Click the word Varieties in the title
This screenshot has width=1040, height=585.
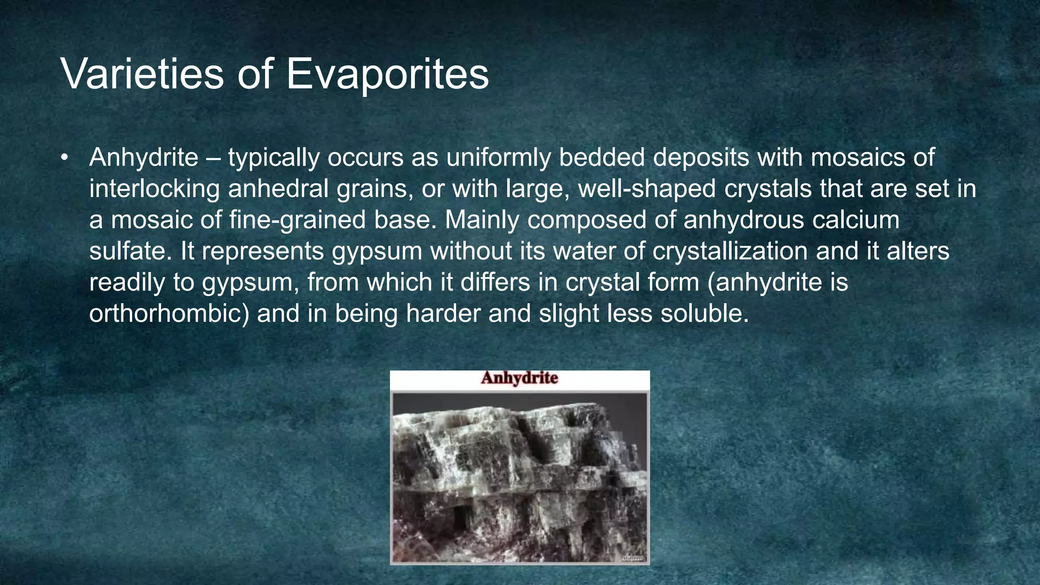[142, 74]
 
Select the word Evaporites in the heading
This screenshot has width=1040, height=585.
[387, 74]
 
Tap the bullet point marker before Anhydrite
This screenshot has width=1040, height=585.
[64, 157]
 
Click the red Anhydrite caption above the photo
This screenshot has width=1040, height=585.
[519, 378]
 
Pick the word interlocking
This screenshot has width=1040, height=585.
[154, 189]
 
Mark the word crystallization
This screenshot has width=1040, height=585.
[730, 251]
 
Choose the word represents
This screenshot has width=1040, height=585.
[263, 251]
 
